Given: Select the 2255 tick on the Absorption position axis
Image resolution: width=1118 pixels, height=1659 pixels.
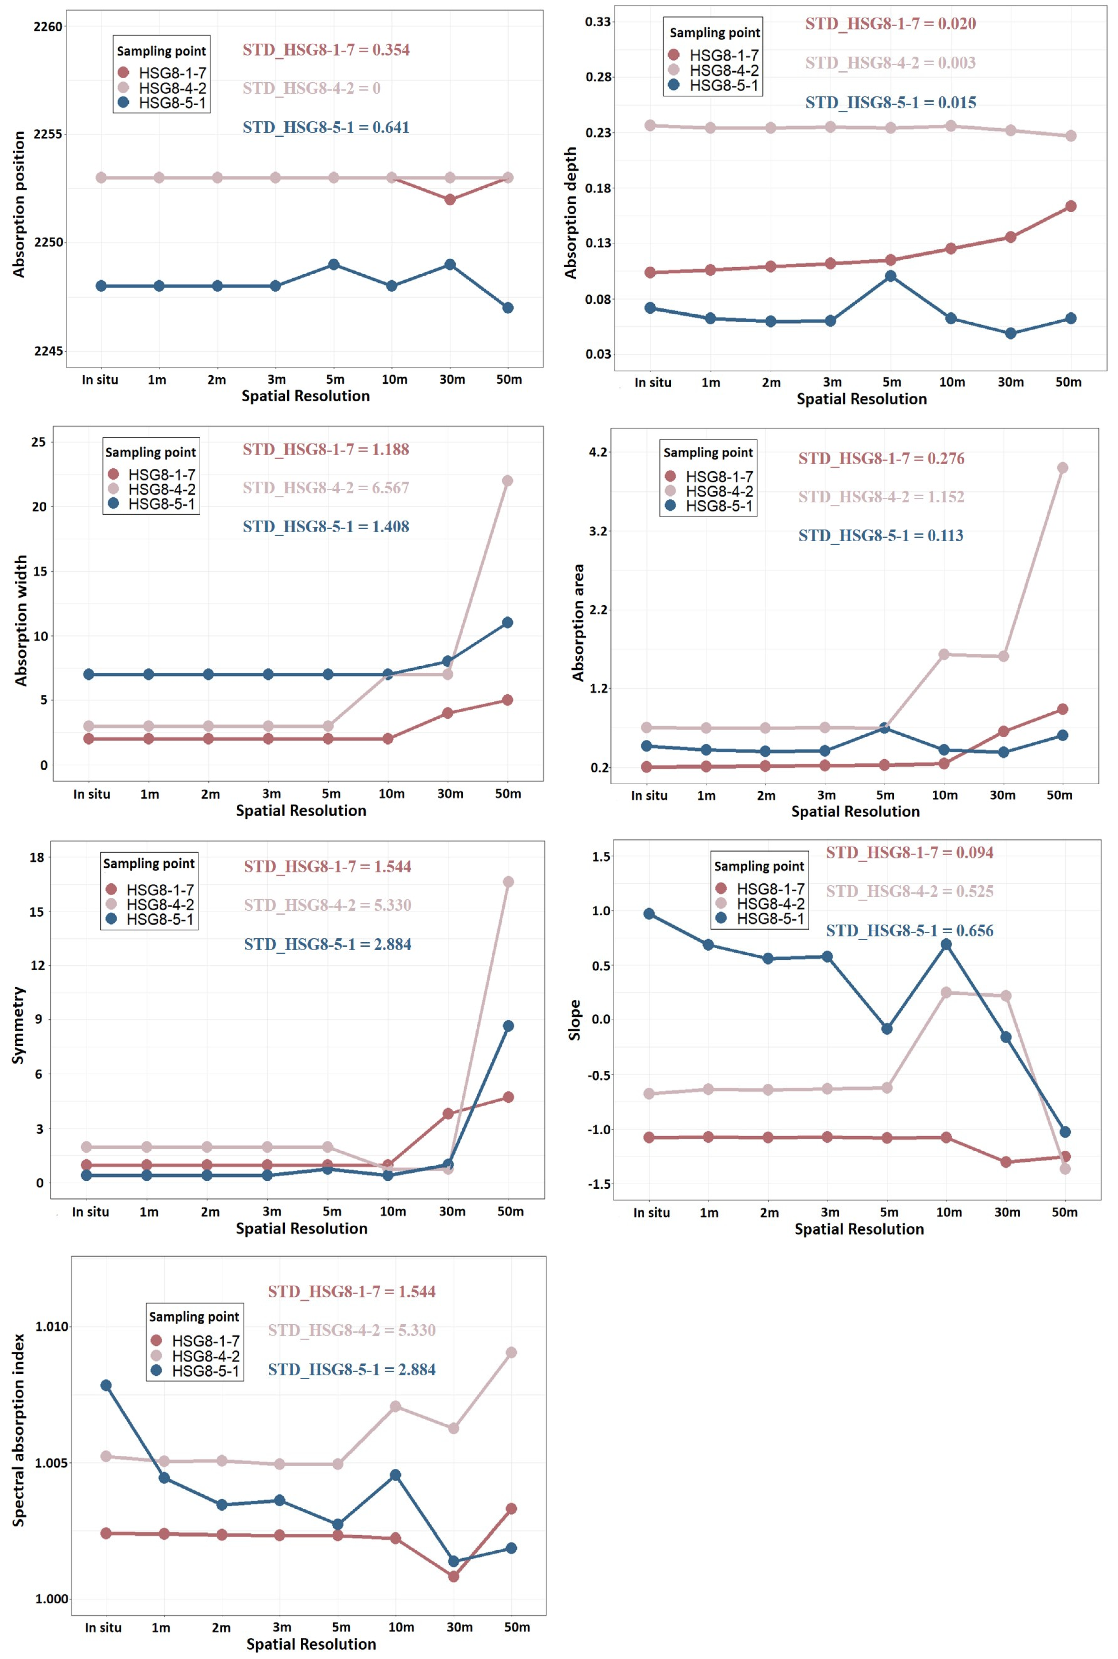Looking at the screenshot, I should point(49,134).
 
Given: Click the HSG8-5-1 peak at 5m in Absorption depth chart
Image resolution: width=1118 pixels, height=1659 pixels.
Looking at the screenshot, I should point(891,276).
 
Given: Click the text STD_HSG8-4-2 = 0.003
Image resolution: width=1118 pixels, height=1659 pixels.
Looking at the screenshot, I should point(890,63).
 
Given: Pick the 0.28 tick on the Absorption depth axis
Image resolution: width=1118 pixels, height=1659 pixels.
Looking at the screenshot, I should point(598,77).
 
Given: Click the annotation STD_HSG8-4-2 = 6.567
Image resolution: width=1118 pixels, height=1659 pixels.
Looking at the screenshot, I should point(326,488).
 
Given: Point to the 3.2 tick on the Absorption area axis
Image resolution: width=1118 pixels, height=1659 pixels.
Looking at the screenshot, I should point(598,531).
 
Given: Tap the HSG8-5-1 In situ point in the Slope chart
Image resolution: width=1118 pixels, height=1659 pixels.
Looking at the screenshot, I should point(649,914).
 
